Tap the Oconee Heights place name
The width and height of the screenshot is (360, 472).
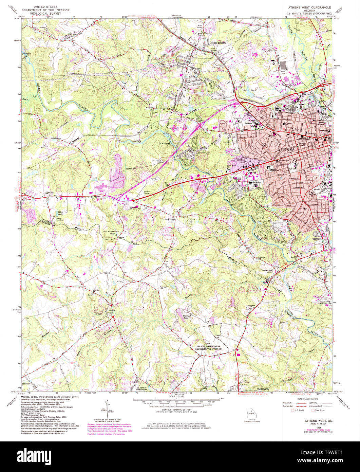(x=217, y=43)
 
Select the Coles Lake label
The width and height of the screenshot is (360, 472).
(x=61, y=213)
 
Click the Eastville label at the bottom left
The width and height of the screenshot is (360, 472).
(x=26, y=383)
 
